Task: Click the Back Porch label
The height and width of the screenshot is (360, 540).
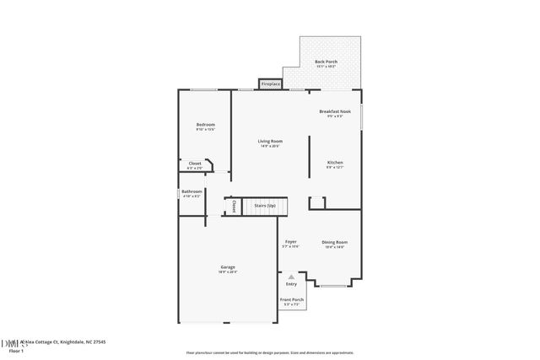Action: [x=326, y=62]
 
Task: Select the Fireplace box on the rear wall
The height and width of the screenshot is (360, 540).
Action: [x=270, y=84]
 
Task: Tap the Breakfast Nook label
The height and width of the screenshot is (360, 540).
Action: [x=335, y=112]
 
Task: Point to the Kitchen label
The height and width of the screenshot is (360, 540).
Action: [x=335, y=162]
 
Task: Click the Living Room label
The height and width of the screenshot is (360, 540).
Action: [x=270, y=141]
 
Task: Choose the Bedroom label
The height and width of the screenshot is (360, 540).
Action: [x=205, y=125]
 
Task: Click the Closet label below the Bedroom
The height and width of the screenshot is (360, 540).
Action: [x=194, y=164]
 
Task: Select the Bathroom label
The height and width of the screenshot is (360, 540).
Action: [x=192, y=191]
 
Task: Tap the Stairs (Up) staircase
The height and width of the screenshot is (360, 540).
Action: [x=265, y=206]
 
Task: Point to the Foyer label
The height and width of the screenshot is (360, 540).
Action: [x=290, y=242]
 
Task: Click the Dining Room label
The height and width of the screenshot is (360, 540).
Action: [x=334, y=242]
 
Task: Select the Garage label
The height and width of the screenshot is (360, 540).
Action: [x=228, y=267]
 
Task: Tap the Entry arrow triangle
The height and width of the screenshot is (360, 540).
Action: [x=291, y=276]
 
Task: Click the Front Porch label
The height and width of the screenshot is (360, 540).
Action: [x=292, y=299]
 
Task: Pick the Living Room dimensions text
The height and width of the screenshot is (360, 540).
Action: [x=270, y=147]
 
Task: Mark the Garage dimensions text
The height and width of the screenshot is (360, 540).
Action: [x=228, y=272]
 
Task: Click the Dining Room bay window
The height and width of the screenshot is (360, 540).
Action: [x=332, y=286]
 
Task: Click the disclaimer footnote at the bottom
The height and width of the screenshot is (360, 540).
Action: [x=270, y=352]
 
